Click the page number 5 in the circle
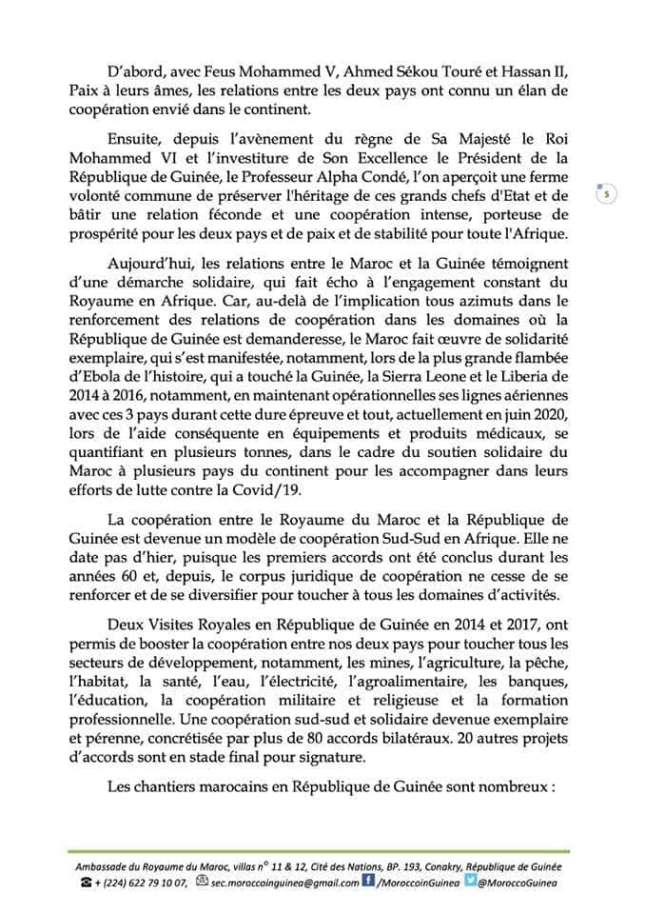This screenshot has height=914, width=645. click(605, 195)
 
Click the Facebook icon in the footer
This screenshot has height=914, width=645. click(368, 882)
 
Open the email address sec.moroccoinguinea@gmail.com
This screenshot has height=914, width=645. click(283, 883)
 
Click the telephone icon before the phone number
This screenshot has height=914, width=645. click(88, 883)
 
